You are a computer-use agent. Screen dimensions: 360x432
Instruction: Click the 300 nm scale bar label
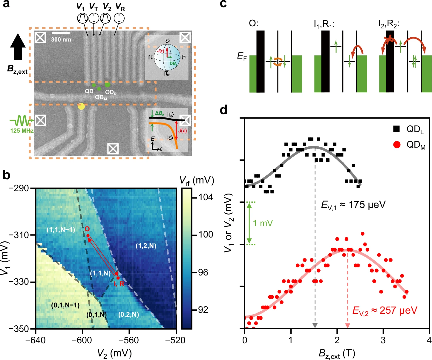point(61,39)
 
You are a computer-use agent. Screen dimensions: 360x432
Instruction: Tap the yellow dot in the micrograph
point(81,106)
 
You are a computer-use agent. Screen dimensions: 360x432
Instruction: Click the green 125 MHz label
point(22,131)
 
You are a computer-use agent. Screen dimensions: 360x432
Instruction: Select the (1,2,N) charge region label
point(146,246)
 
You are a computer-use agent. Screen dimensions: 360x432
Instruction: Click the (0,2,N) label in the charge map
point(129,314)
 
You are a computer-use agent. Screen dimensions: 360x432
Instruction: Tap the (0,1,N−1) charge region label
point(65,305)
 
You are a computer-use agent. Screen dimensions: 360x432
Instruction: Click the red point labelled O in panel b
point(88,236)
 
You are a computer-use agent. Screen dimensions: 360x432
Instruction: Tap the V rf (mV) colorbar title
point(197,181)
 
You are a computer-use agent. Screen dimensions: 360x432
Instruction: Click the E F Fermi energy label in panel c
point(242,56)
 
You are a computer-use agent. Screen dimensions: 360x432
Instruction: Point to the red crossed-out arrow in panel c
point(388,42)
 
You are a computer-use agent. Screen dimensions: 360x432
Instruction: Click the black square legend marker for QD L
point(396,128)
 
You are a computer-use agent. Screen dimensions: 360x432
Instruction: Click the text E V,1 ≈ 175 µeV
point(353,205)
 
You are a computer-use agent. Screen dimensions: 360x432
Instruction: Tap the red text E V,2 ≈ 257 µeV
point(384,311)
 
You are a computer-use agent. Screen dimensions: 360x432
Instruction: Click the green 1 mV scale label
point(263,223)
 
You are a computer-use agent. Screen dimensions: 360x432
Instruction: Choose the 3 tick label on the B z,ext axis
point(383,340)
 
